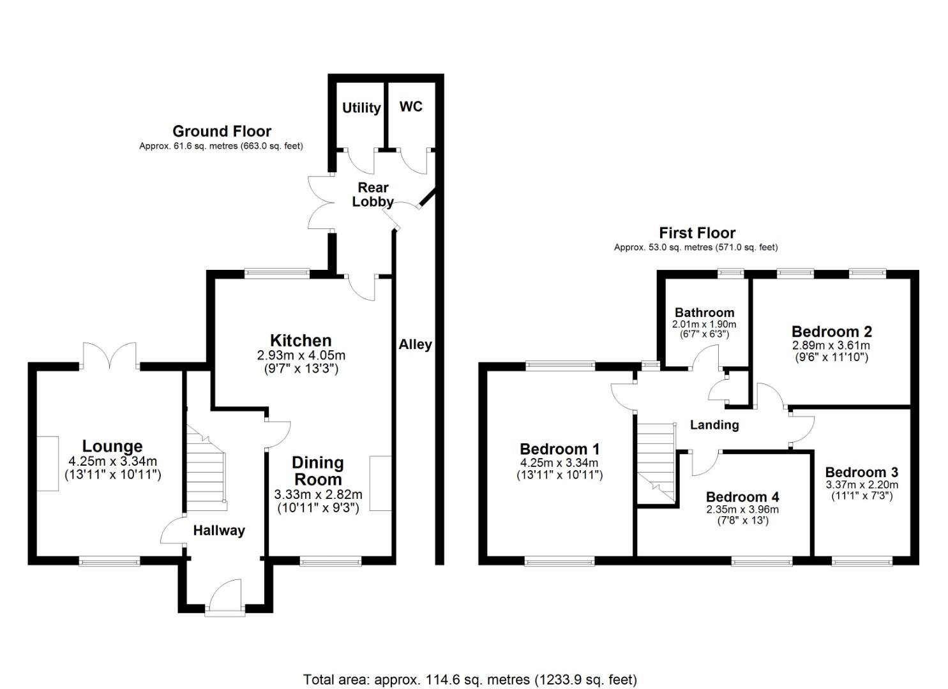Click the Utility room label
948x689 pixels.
(361, 108)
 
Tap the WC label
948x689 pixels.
(410, 107)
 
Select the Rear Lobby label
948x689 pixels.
(373, 195)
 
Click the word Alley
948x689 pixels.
(416, 344)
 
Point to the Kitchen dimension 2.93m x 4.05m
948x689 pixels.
(300, 355)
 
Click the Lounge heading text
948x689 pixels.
(112, 447)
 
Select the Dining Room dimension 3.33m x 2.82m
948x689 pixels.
(318, 494)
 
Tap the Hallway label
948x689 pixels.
(219, 530)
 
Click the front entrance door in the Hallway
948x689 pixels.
(225, 596)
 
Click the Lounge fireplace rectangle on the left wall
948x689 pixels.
(47, 463)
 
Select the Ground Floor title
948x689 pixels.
(222, 131)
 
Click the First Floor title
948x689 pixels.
(697, 233)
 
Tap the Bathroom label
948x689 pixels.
(704, 313)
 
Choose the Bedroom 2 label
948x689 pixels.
(831, 332)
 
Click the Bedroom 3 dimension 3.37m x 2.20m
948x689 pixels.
(862, 484)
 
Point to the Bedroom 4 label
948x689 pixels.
(742, 497)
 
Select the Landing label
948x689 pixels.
(714, 425)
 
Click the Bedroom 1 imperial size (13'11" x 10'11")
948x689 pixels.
(559, 475)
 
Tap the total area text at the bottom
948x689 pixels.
(470, 679)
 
